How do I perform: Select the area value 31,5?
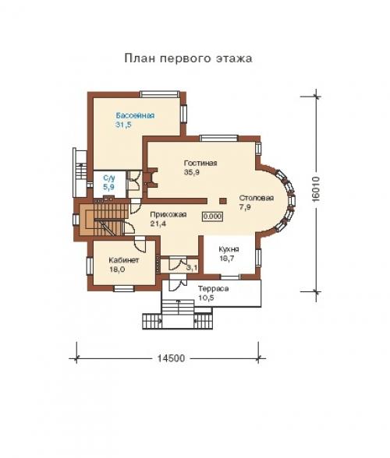pos(124,125)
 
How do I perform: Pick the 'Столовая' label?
pos(255,198)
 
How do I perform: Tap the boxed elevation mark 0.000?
pos(212,216)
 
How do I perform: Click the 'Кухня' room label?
pos(229,249)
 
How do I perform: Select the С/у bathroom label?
pos(109,179)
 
